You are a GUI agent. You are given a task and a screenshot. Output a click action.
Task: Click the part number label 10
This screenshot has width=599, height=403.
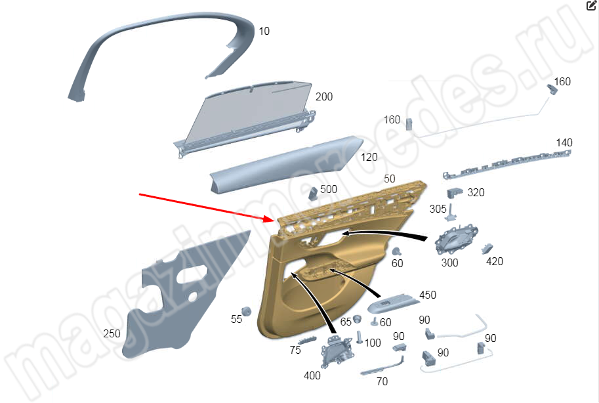(264, 31)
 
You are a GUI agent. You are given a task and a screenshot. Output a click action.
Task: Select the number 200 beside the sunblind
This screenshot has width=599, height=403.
(324, 96)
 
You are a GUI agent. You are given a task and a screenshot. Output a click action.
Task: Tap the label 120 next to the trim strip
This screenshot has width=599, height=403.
(369, 157)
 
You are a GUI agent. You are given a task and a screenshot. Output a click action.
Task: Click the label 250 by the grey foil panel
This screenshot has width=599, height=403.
(112, 334)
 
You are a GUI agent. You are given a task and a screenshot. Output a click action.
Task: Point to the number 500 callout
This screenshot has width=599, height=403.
(329, 189)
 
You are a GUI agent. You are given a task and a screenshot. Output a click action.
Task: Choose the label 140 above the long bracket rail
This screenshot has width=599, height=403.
(564, 143)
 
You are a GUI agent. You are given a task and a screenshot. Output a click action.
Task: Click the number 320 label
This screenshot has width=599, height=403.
(476, 193)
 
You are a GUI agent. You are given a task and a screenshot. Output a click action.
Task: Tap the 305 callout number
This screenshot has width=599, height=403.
(438, 209)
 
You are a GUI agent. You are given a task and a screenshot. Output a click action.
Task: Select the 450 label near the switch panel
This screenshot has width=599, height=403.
(428, 295)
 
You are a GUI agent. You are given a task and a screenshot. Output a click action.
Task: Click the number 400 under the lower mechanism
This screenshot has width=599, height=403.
(312, 376)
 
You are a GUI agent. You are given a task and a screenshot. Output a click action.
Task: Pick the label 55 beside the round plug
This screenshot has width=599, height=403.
(236, 319)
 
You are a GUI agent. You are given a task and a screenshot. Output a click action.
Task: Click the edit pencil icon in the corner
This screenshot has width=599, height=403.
(591, 5)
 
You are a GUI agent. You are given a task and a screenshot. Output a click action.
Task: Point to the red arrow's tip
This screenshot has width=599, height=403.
(274, 221)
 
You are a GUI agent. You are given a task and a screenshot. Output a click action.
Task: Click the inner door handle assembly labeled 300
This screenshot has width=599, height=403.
(456, 240)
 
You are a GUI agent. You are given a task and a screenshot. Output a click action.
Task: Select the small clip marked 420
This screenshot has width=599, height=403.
(487, 249)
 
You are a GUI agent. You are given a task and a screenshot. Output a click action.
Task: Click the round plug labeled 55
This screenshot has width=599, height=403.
(247, 311)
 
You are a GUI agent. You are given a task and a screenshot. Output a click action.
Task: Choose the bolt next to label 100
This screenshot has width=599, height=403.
(359, 337)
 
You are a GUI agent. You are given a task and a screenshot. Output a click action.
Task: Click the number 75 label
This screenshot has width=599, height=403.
(295, 350)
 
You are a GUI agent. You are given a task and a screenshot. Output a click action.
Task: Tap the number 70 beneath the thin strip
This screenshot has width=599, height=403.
(382, 381)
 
